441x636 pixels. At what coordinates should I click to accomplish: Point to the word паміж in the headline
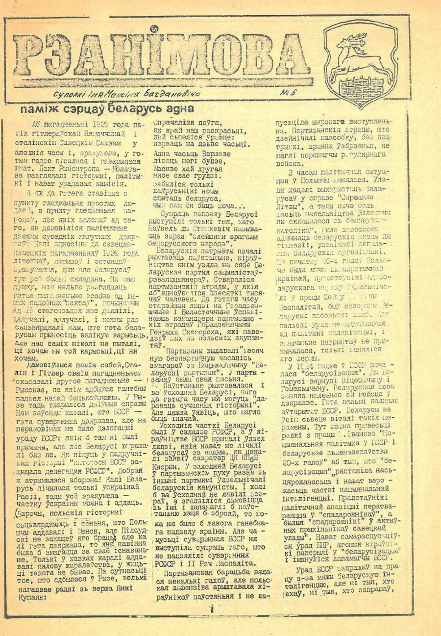47,109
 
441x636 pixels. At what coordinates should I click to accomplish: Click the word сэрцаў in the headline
86,109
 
